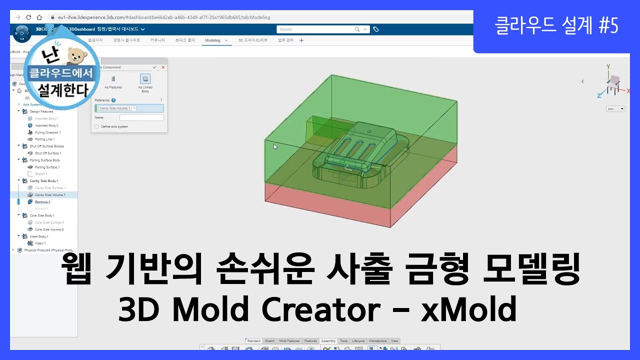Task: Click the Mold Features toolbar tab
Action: tap(289, 341)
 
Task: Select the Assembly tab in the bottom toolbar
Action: tap(328, 341)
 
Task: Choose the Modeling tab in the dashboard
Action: tap(213, 40)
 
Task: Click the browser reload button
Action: tap(28, 17)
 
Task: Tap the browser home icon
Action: tap(39, 17)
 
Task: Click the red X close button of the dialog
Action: tap(163, 67)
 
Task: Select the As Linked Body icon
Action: tap(145, 79)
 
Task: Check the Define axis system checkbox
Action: tap(96, 126)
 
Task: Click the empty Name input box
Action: tap(141, 117)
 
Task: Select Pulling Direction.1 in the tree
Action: tap(47, 132)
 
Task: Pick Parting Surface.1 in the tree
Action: tap(47, 167)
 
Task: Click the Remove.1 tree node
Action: tap(42, 201)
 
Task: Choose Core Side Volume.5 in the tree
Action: tap(49, 229)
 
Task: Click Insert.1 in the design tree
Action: tap(40, 243)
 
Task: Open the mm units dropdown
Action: tap(615, 108)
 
